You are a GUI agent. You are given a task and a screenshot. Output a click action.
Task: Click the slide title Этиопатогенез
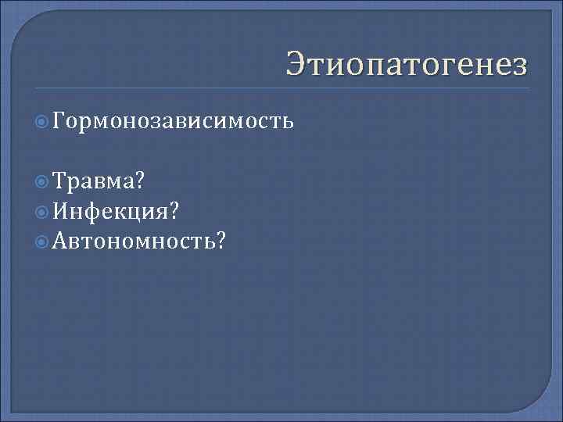(x=407, y=63)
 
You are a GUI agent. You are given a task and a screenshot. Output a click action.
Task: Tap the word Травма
(x=93, y=182)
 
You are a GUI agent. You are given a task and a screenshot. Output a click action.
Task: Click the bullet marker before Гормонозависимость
(x=44, y=121)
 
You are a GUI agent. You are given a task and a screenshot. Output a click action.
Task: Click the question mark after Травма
(x=138, y=182)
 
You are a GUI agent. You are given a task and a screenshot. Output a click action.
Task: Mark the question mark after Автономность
(x=223, y=239)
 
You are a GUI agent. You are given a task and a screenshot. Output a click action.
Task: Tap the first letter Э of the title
(x=296, y=63)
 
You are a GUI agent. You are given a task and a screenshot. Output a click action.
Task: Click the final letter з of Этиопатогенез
(x=520, y=64)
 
